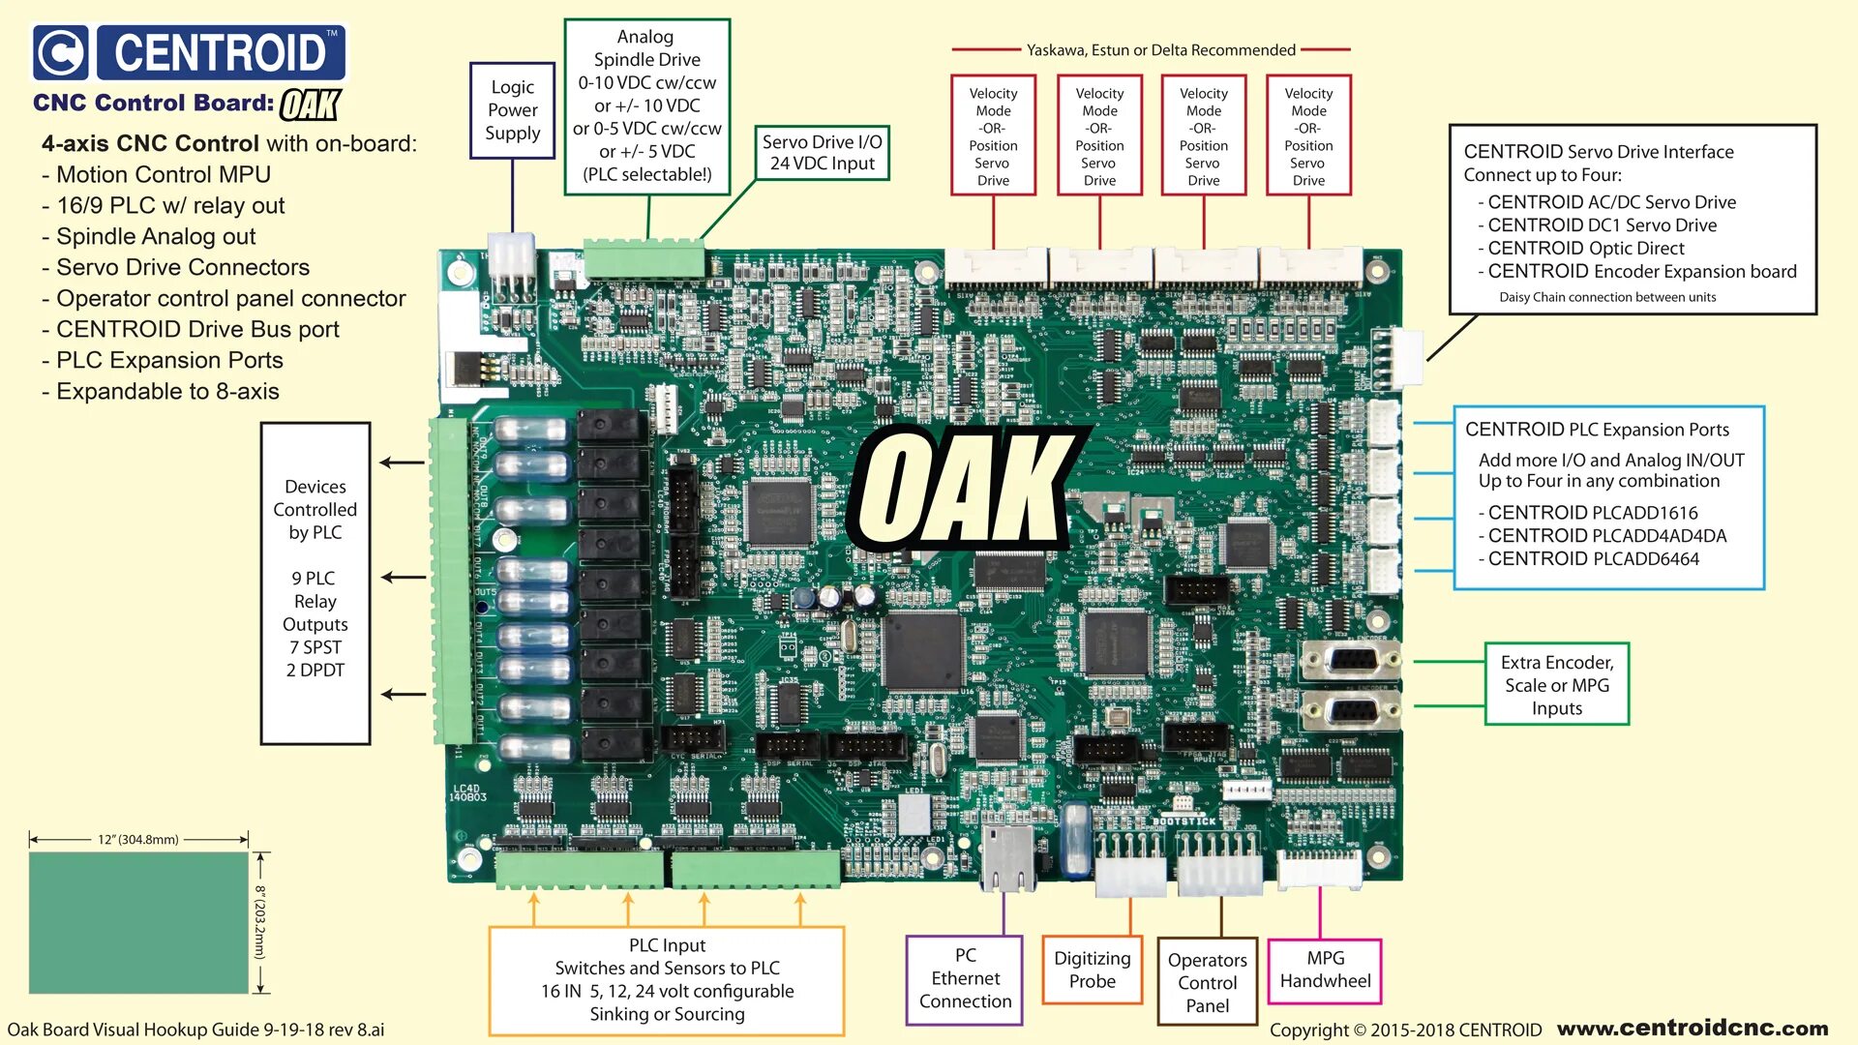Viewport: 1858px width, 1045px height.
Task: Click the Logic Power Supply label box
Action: coord(512,110)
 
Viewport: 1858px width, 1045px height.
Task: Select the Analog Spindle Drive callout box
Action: coord(646,106)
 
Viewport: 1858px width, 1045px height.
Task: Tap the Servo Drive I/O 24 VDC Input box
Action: coord(822,153)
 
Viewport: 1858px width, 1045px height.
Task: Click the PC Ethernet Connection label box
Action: coord(965,979)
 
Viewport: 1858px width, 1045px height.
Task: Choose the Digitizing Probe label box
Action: coord(1092,970)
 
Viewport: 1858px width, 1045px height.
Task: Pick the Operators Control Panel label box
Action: coord(1207,982)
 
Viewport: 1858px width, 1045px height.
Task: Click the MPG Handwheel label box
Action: coord(1325,970)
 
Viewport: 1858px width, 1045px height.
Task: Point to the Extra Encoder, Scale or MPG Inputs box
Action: coord(1556,685)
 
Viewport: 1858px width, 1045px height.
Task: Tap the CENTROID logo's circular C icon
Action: coord(61,52)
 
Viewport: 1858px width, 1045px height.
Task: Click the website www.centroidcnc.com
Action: coord(1693,1028)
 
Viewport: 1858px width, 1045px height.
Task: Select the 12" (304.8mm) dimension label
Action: coord(138,840)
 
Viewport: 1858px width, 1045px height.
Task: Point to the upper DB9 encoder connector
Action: coord(1351,661)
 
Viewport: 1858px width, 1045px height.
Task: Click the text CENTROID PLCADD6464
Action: coord(1593,559)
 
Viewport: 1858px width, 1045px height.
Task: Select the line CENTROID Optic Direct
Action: coord(1585,249)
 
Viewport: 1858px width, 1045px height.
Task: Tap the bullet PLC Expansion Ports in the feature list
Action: coord(169,361)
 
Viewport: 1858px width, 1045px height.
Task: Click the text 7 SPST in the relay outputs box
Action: coord(315,647)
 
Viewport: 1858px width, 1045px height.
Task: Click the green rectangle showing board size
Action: coord(138,922)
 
